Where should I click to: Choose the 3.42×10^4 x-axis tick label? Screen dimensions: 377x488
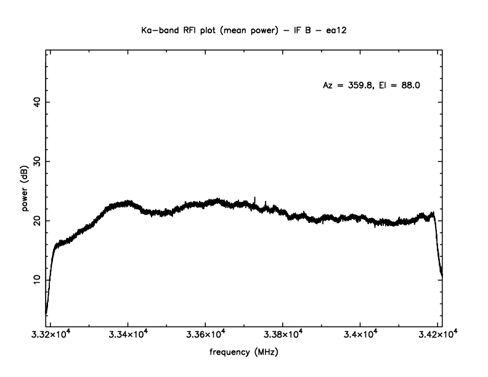pyautogui.click(x=437, y=335)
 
